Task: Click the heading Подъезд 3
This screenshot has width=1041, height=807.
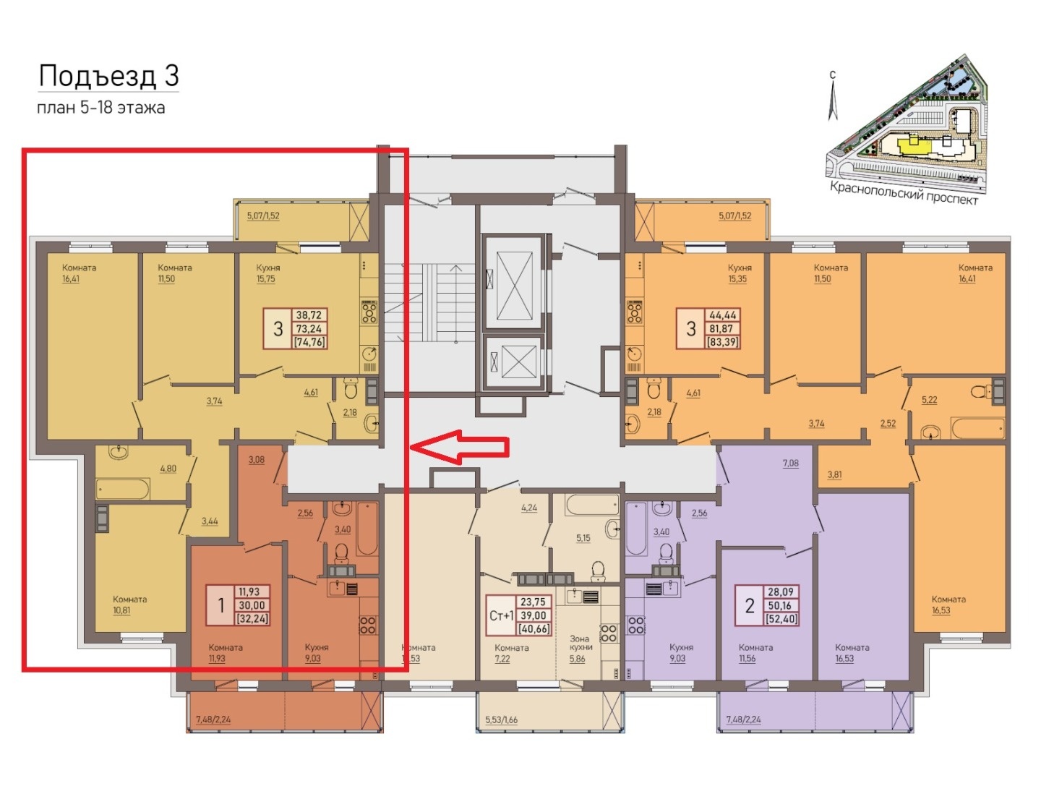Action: click(108, 77)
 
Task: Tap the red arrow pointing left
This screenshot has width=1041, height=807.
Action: click(460, 447)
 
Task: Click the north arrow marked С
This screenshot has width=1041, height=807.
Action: click(833, 96)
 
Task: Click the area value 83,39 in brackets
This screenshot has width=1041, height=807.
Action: click(722, 342)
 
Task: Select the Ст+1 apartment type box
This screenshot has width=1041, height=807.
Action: click(501, 615)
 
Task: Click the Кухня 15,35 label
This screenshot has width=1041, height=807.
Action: click(739, 273)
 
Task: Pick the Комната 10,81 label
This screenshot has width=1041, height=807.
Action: click(130, 605)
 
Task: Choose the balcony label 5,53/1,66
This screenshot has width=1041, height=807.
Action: click(501, 720)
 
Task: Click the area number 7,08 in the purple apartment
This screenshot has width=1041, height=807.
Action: click(790, 463)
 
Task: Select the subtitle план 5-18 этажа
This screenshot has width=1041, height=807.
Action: click(101, 108)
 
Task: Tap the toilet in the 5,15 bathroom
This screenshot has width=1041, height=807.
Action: click(598, 571)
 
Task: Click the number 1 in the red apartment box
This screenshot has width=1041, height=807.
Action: click(220, 605)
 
